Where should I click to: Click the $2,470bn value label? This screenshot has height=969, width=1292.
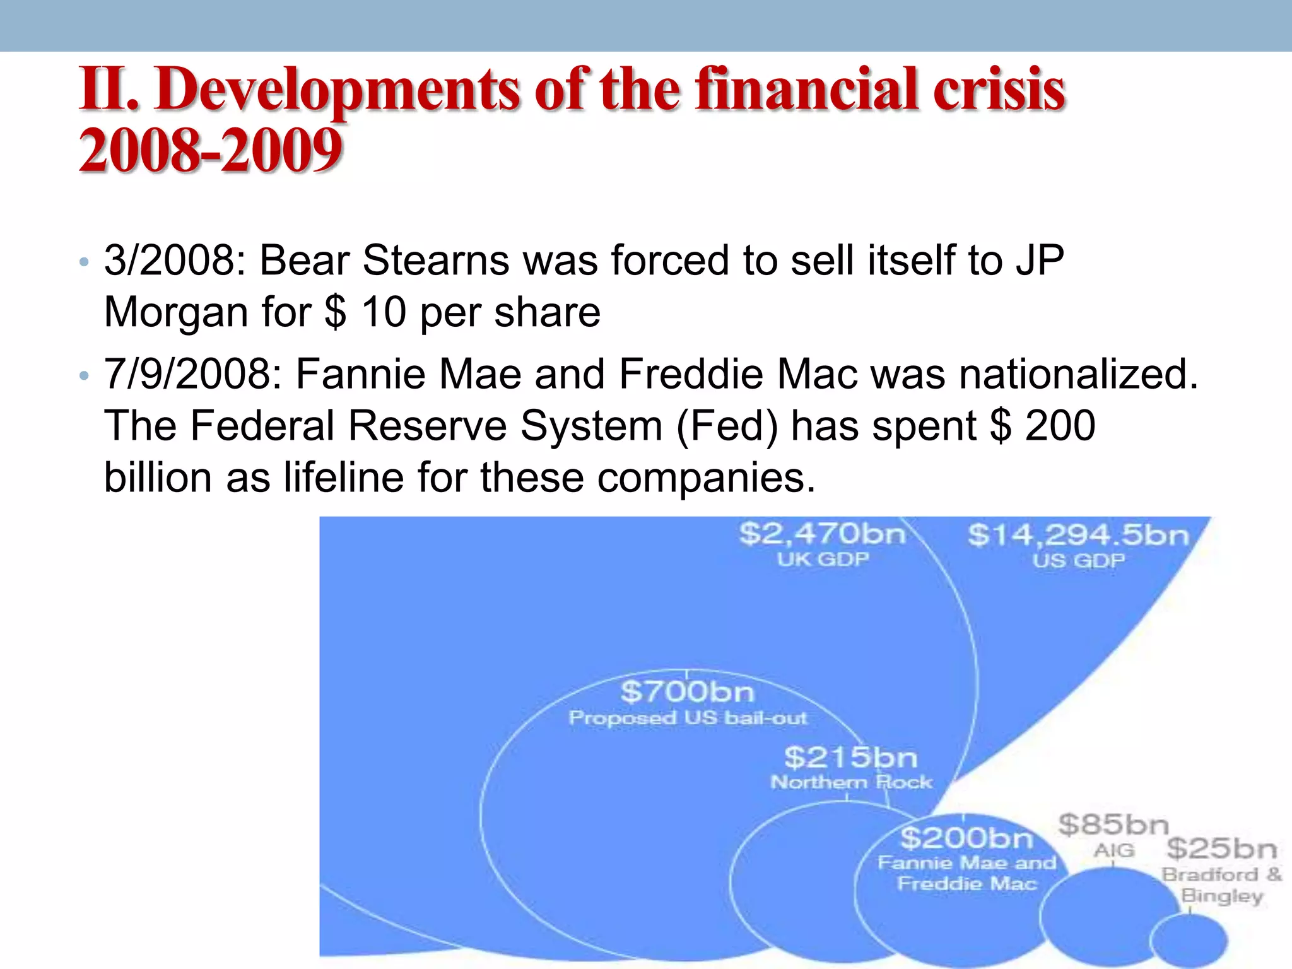pyautogui.click(x=822, y=534)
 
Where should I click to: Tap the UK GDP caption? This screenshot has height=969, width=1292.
pyautogui.click(x=823, y=559)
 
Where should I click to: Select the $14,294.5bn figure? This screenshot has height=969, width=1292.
pyautogui.click(x=1078, y=535)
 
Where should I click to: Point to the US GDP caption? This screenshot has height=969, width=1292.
pyautogui.click(x=1078, y=560)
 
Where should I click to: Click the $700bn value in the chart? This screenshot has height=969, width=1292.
pyautogui.click(x=687, y=692)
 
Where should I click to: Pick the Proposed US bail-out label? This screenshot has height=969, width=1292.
pyautogui.click(x=688, y=718)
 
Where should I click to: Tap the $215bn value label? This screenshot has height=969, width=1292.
pyautogui.click(x=850, y=757)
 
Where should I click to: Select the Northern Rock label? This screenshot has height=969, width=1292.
pyautogui.click(x=851, y=782)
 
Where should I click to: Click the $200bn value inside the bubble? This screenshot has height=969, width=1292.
pyautogui.click(x=966, y=838)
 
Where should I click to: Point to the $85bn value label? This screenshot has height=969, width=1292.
pyautogui.click(x=1113, y=825)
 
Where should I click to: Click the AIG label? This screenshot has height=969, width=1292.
pyautogui.click(x=1113, y=850)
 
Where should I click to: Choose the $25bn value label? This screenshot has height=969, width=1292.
pyautogui.click(x=1221, y=849)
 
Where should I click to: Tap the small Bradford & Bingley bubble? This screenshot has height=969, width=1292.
pyautogui.click(x=1189, y=940)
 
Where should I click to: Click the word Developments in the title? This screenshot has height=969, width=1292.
pyautogui.click(x=338, y=90)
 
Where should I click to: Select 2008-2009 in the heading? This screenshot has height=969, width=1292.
pyautogui.click(x=211, y=150)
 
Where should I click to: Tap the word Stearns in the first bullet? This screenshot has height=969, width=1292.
pyautogui.click(x=435, y=260)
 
